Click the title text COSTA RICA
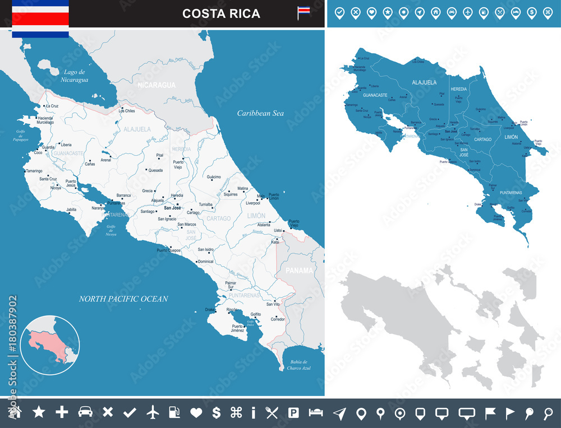(221, 13)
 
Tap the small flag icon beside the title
(304, 12)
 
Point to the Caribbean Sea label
(260, 113)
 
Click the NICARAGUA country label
(157, 85)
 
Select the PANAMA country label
(299, 270)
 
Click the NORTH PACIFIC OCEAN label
(123, 299)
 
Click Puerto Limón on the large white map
(273, 197)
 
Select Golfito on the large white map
(255, 315)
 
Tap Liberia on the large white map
(66, 145)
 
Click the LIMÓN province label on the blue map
(511, 137)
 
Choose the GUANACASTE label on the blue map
(375, 95)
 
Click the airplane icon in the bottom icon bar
(153, 412)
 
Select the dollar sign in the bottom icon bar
(216, 412)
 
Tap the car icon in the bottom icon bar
(85, 412)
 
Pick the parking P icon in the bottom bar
(293, 413)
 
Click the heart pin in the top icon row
(371, 12)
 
